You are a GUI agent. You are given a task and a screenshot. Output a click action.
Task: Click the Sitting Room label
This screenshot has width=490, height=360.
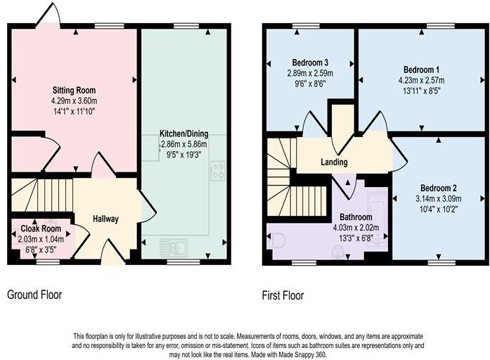click(x=74, y=90)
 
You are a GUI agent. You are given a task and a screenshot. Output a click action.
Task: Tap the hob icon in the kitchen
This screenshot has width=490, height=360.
click(x=217, y=171)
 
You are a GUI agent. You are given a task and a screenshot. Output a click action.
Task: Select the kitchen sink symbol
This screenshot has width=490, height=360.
click(x=174, y=247)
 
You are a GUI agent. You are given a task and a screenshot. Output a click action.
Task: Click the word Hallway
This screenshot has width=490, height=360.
click(x=106, y=219)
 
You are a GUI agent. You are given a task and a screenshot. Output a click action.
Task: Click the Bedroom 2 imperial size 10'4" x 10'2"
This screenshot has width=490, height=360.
click(x=439, y=208)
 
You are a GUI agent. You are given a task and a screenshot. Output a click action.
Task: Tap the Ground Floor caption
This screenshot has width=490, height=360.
click(x=34, y=295)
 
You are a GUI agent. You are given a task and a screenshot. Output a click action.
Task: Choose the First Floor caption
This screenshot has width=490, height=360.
click(x=283, y=295)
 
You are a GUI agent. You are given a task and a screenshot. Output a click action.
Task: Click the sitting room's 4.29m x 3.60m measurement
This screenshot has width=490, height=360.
click(x=74, y=101)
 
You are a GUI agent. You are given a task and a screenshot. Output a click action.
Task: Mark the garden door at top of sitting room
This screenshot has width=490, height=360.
click(x=49, y=15)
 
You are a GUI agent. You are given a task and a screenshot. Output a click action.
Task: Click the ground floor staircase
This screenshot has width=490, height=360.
click(x=43, y=194)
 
